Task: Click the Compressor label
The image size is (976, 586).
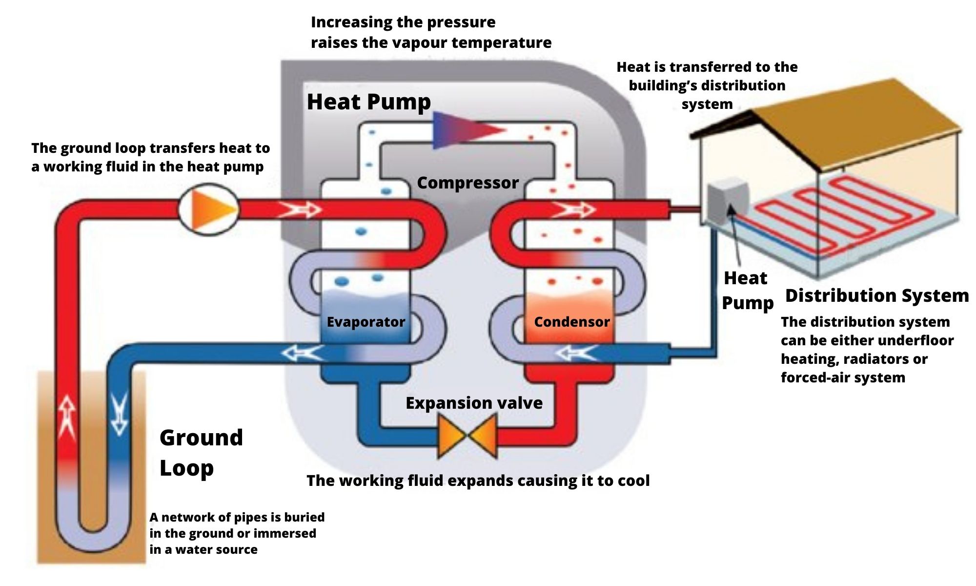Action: [468, 183]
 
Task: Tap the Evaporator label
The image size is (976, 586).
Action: [366, 322]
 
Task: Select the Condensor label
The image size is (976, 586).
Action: [571, 322]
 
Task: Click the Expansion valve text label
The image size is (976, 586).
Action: [474, 403]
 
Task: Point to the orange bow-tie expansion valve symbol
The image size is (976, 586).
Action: [468, 436]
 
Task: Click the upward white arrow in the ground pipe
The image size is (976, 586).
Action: [67, 415]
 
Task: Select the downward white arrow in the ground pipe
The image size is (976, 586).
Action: [119, 415]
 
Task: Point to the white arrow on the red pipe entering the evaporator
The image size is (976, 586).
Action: [299, 210]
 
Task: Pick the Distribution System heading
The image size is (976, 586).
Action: [876, 295]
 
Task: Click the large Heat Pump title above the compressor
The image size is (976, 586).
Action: [369, 102]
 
